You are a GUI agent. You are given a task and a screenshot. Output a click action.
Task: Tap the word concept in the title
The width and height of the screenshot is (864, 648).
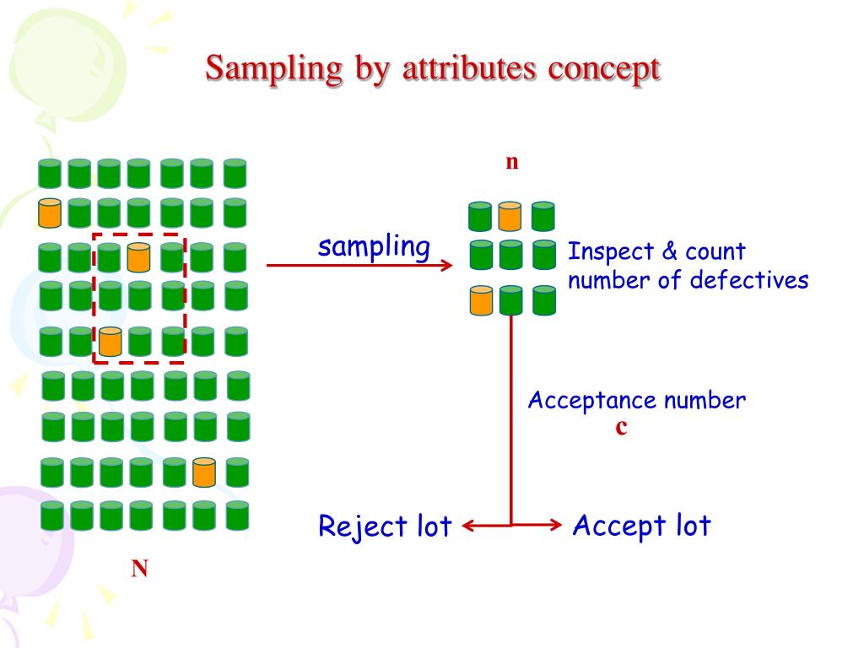(604, 69)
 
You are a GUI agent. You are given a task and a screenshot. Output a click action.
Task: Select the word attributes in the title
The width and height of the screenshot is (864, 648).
(469, 69)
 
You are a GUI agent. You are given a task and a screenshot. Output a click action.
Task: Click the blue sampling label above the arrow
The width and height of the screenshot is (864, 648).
(374, 246)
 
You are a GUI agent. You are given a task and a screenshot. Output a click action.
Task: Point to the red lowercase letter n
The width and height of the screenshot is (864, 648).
(511, 162)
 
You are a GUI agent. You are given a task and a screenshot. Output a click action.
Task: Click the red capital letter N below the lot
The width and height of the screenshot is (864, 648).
(139, 570)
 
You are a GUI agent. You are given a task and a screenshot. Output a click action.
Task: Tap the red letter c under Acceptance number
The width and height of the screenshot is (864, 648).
(621, 428)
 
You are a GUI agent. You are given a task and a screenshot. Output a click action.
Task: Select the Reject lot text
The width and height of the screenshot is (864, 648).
(385, 526)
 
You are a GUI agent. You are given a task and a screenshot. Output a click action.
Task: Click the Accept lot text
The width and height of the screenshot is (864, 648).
(641, 526)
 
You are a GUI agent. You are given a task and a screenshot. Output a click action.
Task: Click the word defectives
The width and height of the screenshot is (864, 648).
(749, 280)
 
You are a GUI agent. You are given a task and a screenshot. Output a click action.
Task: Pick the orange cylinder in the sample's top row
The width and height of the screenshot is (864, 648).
(509, 216)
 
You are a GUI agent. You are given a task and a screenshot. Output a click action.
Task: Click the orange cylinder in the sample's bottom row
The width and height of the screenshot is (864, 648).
(481, 301)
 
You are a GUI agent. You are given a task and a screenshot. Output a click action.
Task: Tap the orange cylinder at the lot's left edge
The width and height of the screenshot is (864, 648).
(50, 213)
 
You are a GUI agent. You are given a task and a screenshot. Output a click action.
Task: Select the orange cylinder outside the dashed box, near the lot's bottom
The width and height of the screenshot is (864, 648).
(204, 472)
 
